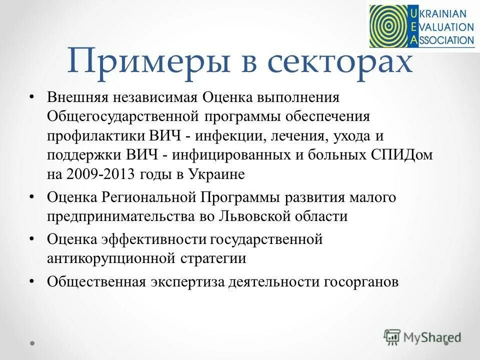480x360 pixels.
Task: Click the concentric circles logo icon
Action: [x=388, y=25]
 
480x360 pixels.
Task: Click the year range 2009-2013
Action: [x=98, y=174]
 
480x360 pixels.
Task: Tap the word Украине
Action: [x=216, y=174]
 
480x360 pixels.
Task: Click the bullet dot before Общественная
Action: [x=32, y=281]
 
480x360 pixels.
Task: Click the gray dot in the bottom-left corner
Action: [x=32, y=343]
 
